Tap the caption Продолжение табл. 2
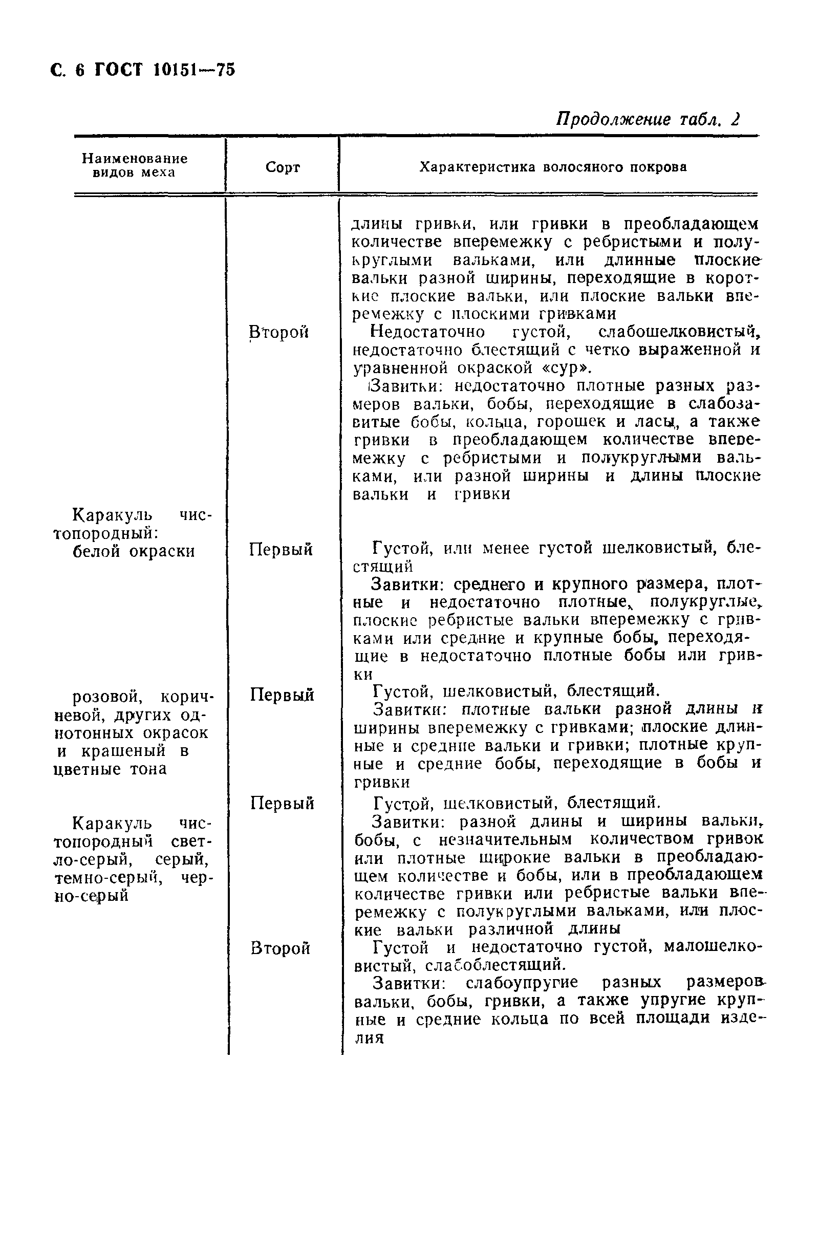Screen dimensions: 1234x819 (x=647, y=119)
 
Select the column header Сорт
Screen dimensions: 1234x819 (x=282, y=167)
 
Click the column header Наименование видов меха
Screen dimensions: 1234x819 (x=134, y=165)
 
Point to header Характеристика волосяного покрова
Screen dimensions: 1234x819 (x=553, y=167)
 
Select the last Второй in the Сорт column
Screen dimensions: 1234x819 (x=280, y=947)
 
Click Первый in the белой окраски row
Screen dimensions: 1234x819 (x=281, y=549)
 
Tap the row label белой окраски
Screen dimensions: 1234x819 (x=133, y=551)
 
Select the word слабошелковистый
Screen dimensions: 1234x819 (x=679, y=332)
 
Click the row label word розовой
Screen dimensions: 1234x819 (x=107, y=697)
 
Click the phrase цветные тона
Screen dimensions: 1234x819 (x=110, y=769)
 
